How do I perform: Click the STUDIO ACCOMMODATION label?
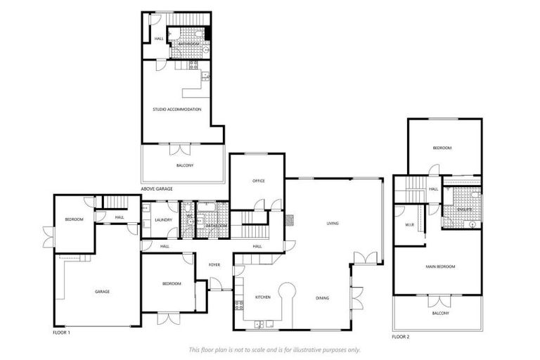tap(177, 109)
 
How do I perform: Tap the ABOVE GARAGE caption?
tap(157, 188)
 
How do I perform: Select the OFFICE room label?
tap(258, 181)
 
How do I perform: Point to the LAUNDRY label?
tap(163, 220)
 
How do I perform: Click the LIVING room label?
tap(333, 224)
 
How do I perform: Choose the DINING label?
tap(323, 297)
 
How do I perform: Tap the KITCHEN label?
tap(263, 297)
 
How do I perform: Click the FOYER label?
tap(214, 264)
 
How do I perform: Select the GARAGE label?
tap(103, 291)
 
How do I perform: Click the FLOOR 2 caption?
tap(401, 336)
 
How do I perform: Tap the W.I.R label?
tap(409, 226)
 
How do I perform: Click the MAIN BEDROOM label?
tap(440, 266)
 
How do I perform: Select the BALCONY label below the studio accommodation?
tap(184, 165)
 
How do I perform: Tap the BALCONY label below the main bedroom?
tap(440, 312)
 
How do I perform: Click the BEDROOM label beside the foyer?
tap(172, 283)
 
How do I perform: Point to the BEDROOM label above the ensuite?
tap(442, 148)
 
